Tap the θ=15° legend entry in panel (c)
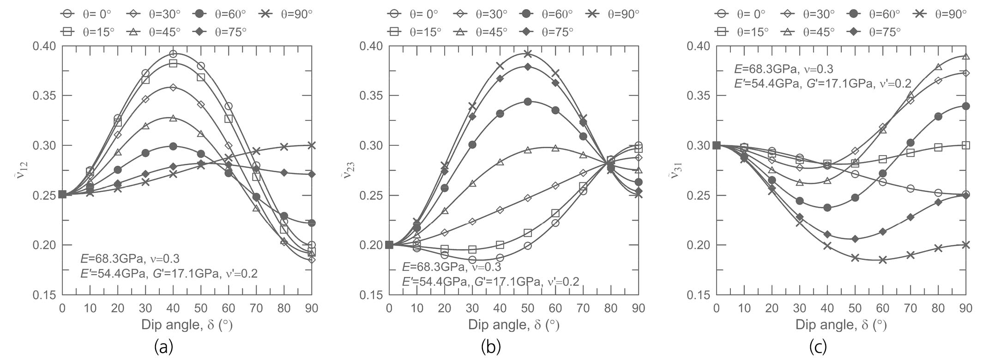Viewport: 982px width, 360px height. coord(743,31)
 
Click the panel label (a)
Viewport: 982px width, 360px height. coord(164,346)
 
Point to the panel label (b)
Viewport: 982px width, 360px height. coord(491,346)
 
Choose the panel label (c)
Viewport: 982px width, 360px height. coord(818,346)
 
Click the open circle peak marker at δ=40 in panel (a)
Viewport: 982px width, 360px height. coord(173,54)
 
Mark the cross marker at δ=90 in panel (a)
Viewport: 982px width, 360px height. coord(312,145)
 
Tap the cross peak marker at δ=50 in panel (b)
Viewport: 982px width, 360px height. coord(528,54)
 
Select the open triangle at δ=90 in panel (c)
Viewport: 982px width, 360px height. coord(966,56)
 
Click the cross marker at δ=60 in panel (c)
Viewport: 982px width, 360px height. coord(883,260)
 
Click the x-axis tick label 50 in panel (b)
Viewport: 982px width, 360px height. coord(528,308)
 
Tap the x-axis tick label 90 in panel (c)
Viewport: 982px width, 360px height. coord(966,308)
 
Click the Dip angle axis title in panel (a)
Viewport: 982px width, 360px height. coord(187,325)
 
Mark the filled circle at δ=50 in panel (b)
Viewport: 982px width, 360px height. coord(528,102)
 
